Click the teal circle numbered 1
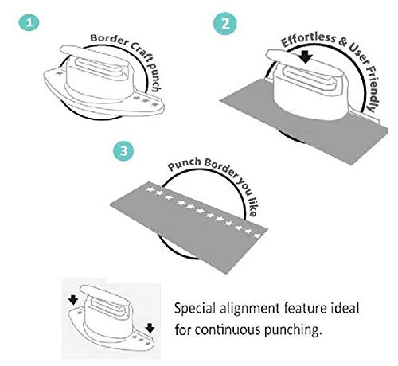pyautogui.click(x=29, y=22)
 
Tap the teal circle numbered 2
pyautogui.click(x=225, y=23)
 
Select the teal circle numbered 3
pyautogui.click(x=123, y=150)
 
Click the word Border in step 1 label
pyautogui.click(x=109, y=40)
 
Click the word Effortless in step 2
pyautogui.click(x=308, y=39)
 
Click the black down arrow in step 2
pyautogui.click(x=306, y=56)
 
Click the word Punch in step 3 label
pyautogui.click(x=185, y=164)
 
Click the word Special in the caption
pyautogui.click(x=194, y=309)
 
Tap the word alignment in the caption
pyautogui.click(x=249, y=309)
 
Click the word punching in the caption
pyautogui.click(x=293, y=330)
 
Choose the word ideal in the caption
pyautogui.click(x=345, y=308)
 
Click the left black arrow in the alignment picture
pyautogui.click(x=73, y=300)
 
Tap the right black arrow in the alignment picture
pyautogui.click(x=150, y=328)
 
